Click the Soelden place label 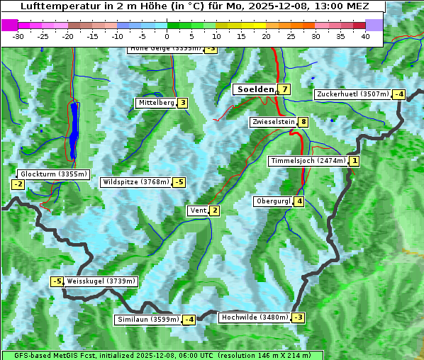coord(255,89)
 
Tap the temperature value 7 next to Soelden coord(284,89)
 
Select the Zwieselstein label coord(273,122)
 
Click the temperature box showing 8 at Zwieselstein coord(303,122)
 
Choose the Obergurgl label coord(273,201)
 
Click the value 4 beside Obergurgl coord(299,201)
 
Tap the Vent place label coord(198,210)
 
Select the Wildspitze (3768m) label coord(136,182)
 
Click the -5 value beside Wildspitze coord(179,182)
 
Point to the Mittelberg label coord(156,103)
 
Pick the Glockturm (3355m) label coord(53,174)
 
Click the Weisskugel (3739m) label coord(100,281)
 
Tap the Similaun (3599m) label coord(147,320)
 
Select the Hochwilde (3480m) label coord(255,317)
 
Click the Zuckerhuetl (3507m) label coord(352,94)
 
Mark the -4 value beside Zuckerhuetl coord(398,94)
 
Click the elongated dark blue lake coord(74,131)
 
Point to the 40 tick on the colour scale coord(365,36)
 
